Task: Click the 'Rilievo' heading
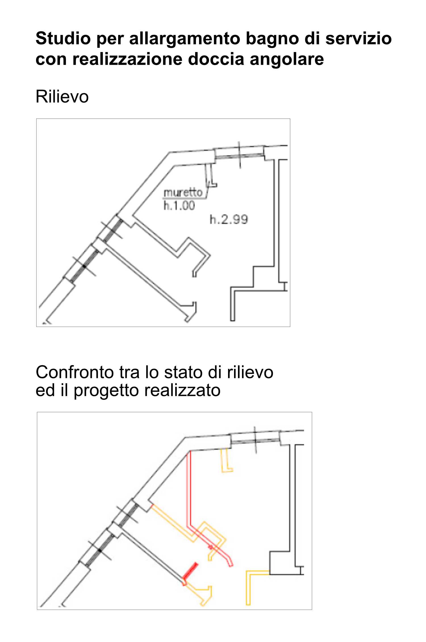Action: click(x=62, y=96)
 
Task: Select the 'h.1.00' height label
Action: click(x=179, y=205)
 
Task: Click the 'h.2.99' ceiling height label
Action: click(x=229, y=219)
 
